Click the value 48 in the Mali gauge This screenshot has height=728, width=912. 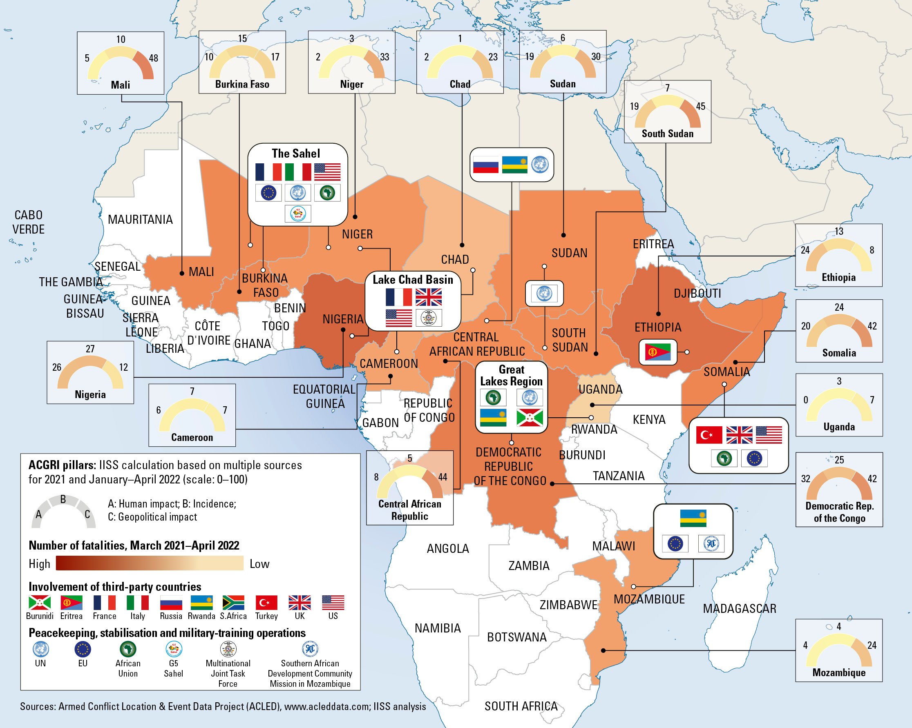point(154,58)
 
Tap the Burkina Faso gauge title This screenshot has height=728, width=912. point(242,84)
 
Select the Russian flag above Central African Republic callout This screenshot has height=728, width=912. point(485,165)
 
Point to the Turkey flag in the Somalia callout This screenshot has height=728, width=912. point(709,434)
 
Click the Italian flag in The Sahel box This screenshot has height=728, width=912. point(298,172)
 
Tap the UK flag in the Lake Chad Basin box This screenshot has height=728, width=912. point(429,297)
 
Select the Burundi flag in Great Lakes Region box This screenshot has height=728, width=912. point(530,417)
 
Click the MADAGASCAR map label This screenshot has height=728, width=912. point(740,609)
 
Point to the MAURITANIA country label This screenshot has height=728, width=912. point(140,219)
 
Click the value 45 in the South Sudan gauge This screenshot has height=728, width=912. point(700,107)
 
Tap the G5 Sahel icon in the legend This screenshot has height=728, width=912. point(173,649)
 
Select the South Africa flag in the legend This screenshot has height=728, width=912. point(234,602)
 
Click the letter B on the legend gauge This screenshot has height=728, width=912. point(63,499)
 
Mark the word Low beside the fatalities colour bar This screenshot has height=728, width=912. point(259,564)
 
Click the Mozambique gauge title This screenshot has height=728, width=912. point(839,672)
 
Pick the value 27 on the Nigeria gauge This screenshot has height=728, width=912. point(90,349)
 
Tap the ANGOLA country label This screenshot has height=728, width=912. point(447,549)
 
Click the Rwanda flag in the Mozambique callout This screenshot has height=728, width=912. point(693,518)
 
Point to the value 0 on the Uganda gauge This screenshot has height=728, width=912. point(805,400)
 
